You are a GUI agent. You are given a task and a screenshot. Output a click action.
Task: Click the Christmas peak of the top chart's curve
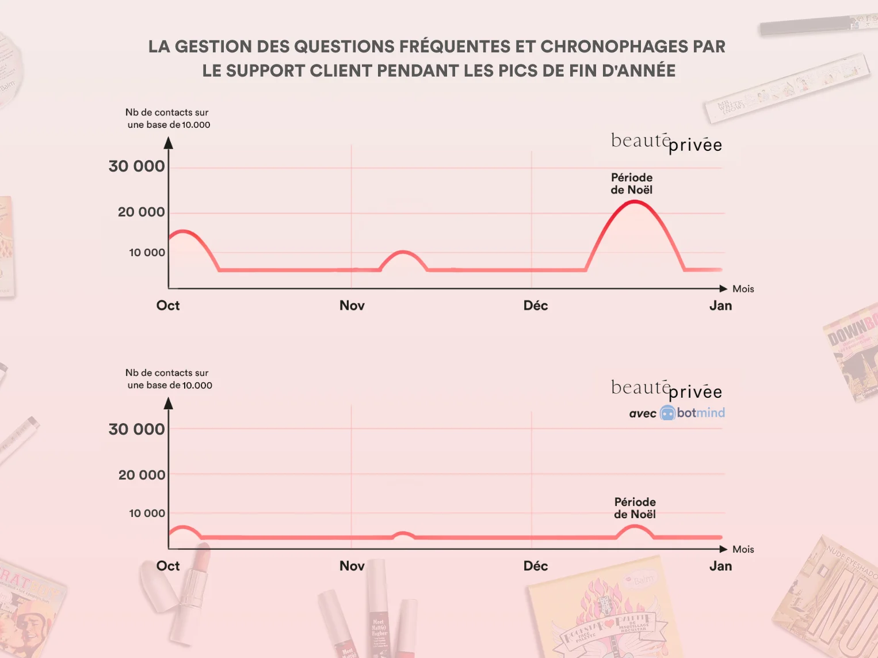click(634, 201)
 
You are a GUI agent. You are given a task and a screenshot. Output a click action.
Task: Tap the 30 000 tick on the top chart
click(137, 166)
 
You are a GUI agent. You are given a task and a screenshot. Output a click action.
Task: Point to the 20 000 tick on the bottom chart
click(142, 475)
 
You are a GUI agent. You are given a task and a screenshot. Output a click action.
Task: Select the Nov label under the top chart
click(352, 306)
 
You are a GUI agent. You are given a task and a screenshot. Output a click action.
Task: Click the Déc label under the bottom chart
click(536, 566)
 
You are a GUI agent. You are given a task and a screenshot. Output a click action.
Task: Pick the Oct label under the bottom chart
click(168, 566)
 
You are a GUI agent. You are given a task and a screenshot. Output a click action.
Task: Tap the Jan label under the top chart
click(720, 306)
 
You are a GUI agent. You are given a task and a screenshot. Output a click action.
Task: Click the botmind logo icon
click(667, 413)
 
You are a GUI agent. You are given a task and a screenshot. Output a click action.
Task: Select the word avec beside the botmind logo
click(643, 413)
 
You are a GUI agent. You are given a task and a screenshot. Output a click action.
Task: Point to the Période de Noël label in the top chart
click(632, 184)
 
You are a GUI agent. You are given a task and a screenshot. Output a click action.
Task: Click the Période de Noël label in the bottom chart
click(635, 508)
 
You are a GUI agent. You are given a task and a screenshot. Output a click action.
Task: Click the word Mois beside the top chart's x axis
click(743, 289)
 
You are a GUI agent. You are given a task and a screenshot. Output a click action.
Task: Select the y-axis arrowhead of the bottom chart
click(169, 403)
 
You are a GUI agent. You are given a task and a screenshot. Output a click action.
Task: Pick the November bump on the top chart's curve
click(404, 252)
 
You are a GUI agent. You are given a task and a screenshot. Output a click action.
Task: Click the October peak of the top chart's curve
click(182, 231)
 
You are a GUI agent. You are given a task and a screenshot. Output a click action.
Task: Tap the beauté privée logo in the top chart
click(666, 142)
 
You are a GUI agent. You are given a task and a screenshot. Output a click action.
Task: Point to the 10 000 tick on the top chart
click(147, 253)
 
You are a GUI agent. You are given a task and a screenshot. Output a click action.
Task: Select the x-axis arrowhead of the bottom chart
click(723, 549)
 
